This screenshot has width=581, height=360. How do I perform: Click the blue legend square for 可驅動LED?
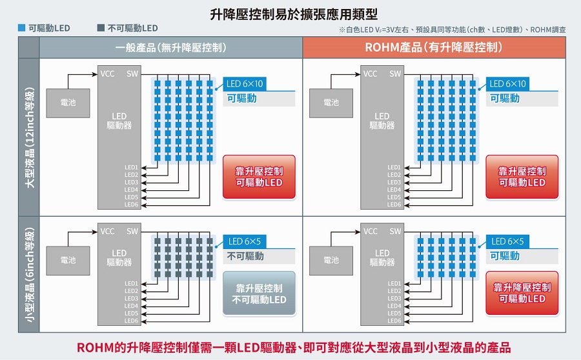tap(22, 28)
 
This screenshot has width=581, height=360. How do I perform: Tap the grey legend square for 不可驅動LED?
tap(100, 28)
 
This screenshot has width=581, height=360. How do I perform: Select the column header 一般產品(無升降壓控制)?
tap(171, 48)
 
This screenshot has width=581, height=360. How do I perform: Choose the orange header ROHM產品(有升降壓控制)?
tap(434, 48)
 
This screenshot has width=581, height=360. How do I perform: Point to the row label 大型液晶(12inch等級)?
tap(29, 137)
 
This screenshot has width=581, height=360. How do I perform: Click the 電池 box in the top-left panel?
tap(67, 103)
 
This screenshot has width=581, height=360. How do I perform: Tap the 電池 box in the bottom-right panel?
tap(331, 260)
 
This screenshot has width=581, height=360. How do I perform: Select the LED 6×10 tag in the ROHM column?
tap(507, 84)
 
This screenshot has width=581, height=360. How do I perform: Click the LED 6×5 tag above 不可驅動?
tap(244, 241)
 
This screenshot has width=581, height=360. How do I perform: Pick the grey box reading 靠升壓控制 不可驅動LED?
tap(259, 294)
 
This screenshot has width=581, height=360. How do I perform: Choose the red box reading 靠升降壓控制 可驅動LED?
tap(522, 293)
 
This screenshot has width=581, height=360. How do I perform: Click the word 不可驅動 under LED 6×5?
tap(245, 256)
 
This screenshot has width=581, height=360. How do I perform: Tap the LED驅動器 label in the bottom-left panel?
tap(119, 257)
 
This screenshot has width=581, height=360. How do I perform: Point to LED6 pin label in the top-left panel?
tap(132, 205)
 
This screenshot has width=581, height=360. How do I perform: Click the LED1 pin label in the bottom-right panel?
tap(394, 283)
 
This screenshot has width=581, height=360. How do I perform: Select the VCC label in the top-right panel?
tap(371, 74)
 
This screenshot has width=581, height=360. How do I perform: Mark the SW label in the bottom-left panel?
tap(132, 231)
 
